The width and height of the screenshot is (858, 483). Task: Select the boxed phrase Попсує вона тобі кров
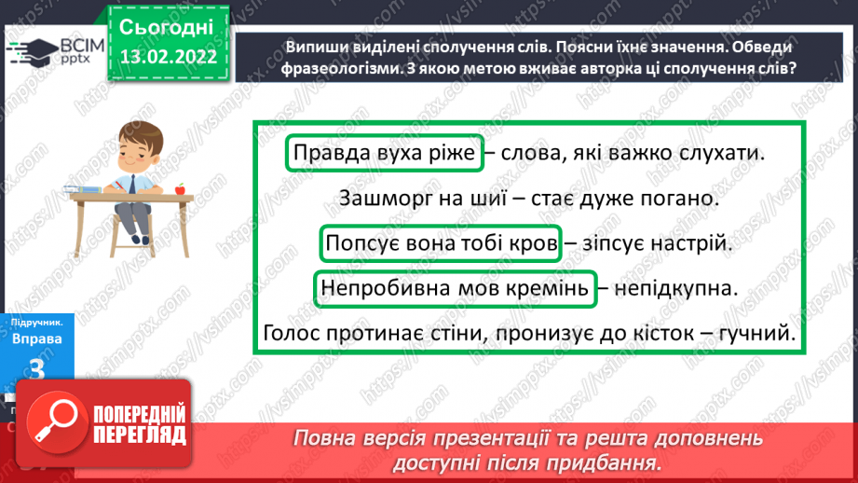pos(442,245)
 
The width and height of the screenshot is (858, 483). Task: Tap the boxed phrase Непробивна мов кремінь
pos(455,289)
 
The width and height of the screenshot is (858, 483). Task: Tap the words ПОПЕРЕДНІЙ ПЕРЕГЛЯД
pos(139,424)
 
